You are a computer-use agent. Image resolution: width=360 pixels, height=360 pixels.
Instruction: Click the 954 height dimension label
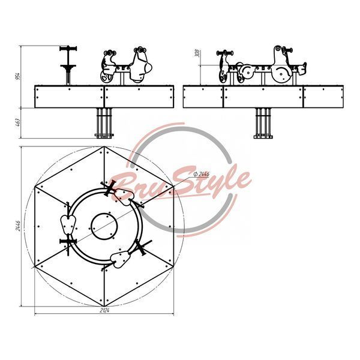[x=17, y=76]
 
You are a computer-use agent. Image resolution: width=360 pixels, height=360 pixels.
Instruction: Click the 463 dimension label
[x=17, y=123]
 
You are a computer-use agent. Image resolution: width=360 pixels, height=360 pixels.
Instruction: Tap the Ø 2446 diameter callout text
[x=202, y=174]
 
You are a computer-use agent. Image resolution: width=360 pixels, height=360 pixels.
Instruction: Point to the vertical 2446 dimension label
[x=17, y=226]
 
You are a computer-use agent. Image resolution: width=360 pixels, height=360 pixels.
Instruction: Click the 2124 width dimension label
[x=104, y=311]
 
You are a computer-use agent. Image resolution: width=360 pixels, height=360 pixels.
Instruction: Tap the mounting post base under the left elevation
[x=104, y=135]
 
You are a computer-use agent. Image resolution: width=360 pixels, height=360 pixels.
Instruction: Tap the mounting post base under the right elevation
[x=263, y=137]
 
